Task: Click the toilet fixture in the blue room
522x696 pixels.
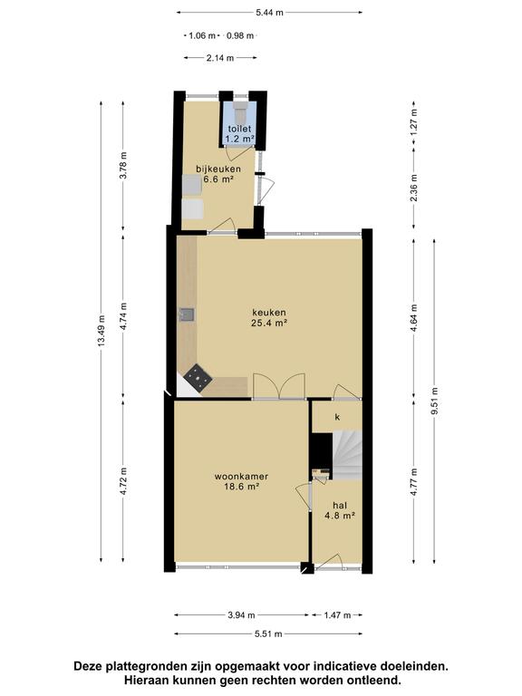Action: (x=240, y=113)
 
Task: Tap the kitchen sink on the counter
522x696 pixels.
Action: (x=187, y=314)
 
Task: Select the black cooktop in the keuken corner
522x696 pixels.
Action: (x=198, y=378)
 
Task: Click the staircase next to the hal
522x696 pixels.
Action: (x=348, y=456)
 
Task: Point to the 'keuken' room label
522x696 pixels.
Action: (x=269, y=313)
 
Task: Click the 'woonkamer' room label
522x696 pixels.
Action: (x=241, y=477)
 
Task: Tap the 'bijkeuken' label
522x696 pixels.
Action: (x=218, y=169)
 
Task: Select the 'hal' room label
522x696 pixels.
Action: (x=340, y=505)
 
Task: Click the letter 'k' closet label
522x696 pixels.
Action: (x=337, y=417)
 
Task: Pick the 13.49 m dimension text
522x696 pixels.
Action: (x=101, y=331)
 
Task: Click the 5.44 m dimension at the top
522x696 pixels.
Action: (x=269, y=13)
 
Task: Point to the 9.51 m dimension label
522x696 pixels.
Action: (x=435, y=401)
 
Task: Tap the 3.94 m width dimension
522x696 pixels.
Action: (x=241, y=615)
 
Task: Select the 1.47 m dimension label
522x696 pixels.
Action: (x=337, y=615)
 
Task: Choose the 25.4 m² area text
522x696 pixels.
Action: (x=269, y=324)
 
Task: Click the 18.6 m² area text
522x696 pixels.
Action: (x=241, y=487)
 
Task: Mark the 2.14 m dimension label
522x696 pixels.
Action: (x=220, y=58)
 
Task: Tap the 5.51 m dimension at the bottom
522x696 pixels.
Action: (x=268, y=633)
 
